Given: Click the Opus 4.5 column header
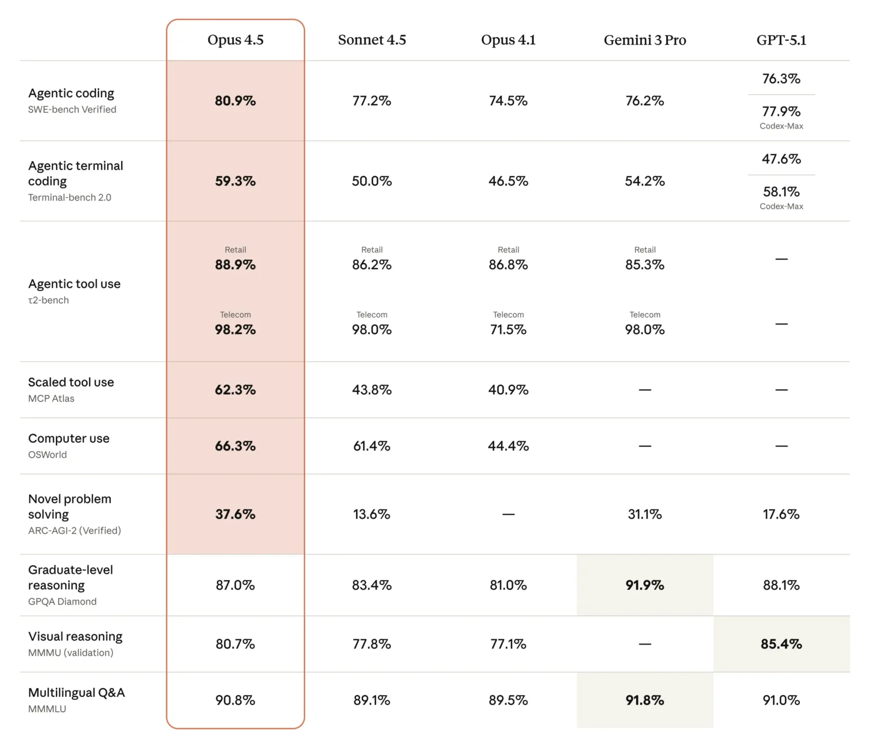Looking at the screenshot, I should (235, 40).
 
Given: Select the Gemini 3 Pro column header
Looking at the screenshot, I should (644, 40).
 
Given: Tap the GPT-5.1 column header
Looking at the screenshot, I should (781, 40).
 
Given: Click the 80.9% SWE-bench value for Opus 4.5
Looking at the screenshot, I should (235, 101).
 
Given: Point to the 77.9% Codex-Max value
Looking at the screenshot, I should (781, 111).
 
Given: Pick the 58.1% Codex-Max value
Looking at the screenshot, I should (781, 192).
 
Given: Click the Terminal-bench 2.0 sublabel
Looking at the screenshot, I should (70, 197).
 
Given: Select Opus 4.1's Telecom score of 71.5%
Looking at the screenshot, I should (508, 329).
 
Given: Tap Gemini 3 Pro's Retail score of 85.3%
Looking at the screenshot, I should (644, 265).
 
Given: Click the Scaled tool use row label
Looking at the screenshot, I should (71, 382).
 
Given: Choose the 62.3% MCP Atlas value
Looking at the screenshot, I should (235, 390).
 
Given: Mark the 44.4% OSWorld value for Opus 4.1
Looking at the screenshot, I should (508, 446).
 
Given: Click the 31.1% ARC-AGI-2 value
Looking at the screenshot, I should (644, 514).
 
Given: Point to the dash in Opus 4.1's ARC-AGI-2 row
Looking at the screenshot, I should (508, 514).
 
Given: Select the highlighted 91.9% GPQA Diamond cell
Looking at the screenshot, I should (644, 585).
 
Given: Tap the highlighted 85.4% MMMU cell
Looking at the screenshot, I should (781, 644).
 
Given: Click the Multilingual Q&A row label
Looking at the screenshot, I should (77, 693).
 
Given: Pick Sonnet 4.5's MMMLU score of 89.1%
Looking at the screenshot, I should (371, 700).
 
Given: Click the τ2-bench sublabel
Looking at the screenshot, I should (48, 300).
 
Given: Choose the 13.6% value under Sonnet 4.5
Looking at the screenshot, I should (371, 514).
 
